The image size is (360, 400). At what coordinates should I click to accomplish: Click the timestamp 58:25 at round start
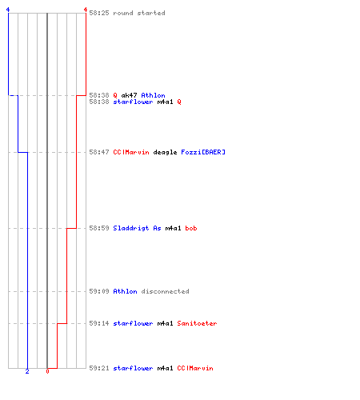99,13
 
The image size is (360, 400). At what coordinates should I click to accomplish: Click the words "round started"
139,13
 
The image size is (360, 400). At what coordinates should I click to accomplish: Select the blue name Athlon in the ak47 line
153,95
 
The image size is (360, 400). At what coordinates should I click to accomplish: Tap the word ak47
129,95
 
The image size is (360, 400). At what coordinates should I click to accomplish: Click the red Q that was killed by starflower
179,102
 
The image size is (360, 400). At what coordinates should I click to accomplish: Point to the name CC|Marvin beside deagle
131,152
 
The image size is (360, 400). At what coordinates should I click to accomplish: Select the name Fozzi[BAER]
203,152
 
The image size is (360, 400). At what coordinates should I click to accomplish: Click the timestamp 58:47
99,152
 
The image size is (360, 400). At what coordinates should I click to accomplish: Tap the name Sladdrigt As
137,228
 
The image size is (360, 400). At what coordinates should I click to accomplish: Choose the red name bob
191,228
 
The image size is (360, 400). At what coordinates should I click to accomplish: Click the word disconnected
165,291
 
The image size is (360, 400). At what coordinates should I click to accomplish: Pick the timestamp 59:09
99,291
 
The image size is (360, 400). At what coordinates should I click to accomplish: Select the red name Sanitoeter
197,323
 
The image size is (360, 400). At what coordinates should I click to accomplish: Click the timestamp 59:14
99,323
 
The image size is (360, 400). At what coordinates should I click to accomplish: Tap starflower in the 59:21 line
133,368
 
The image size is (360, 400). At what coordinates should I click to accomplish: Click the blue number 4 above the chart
8,10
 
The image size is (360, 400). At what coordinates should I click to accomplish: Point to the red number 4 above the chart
86,10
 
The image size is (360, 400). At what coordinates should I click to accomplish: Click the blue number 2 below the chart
27,371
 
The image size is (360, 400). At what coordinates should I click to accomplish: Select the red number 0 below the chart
47,371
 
